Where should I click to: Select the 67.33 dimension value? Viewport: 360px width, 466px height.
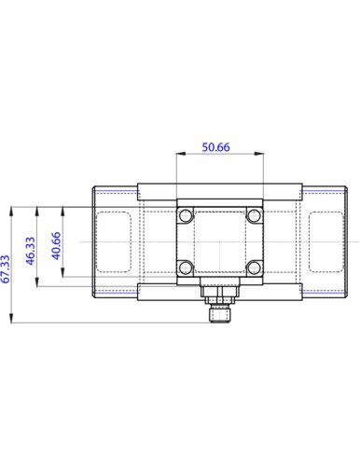[7, 268]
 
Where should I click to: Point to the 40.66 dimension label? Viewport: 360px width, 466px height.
[55, 244]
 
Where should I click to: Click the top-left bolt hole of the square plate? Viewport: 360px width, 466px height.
[186, 215]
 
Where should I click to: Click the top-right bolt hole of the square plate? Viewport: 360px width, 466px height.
[252, 215]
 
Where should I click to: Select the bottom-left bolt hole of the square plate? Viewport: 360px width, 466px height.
[186, 268]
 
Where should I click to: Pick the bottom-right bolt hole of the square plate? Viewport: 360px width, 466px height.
[252, 268]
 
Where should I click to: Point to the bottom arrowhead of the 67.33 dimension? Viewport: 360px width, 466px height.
[13, 320]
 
